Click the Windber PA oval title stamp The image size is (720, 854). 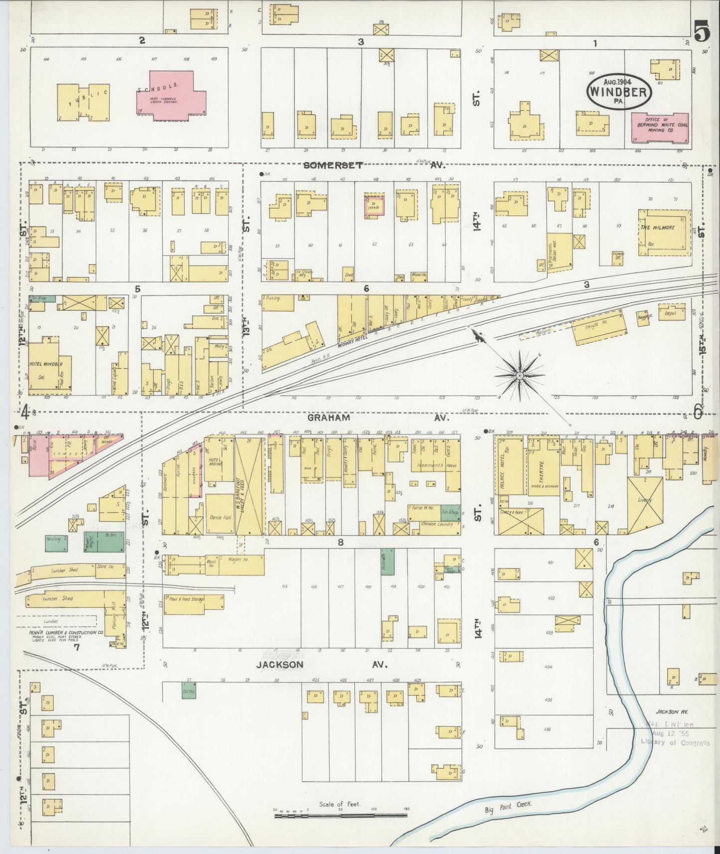(620, 91)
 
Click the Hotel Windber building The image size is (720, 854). (50, 367)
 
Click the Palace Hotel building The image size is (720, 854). (509, 465)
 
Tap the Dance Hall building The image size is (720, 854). (219, 514)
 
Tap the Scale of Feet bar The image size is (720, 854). (340, 815)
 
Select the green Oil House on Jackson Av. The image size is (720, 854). (188, 691)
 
